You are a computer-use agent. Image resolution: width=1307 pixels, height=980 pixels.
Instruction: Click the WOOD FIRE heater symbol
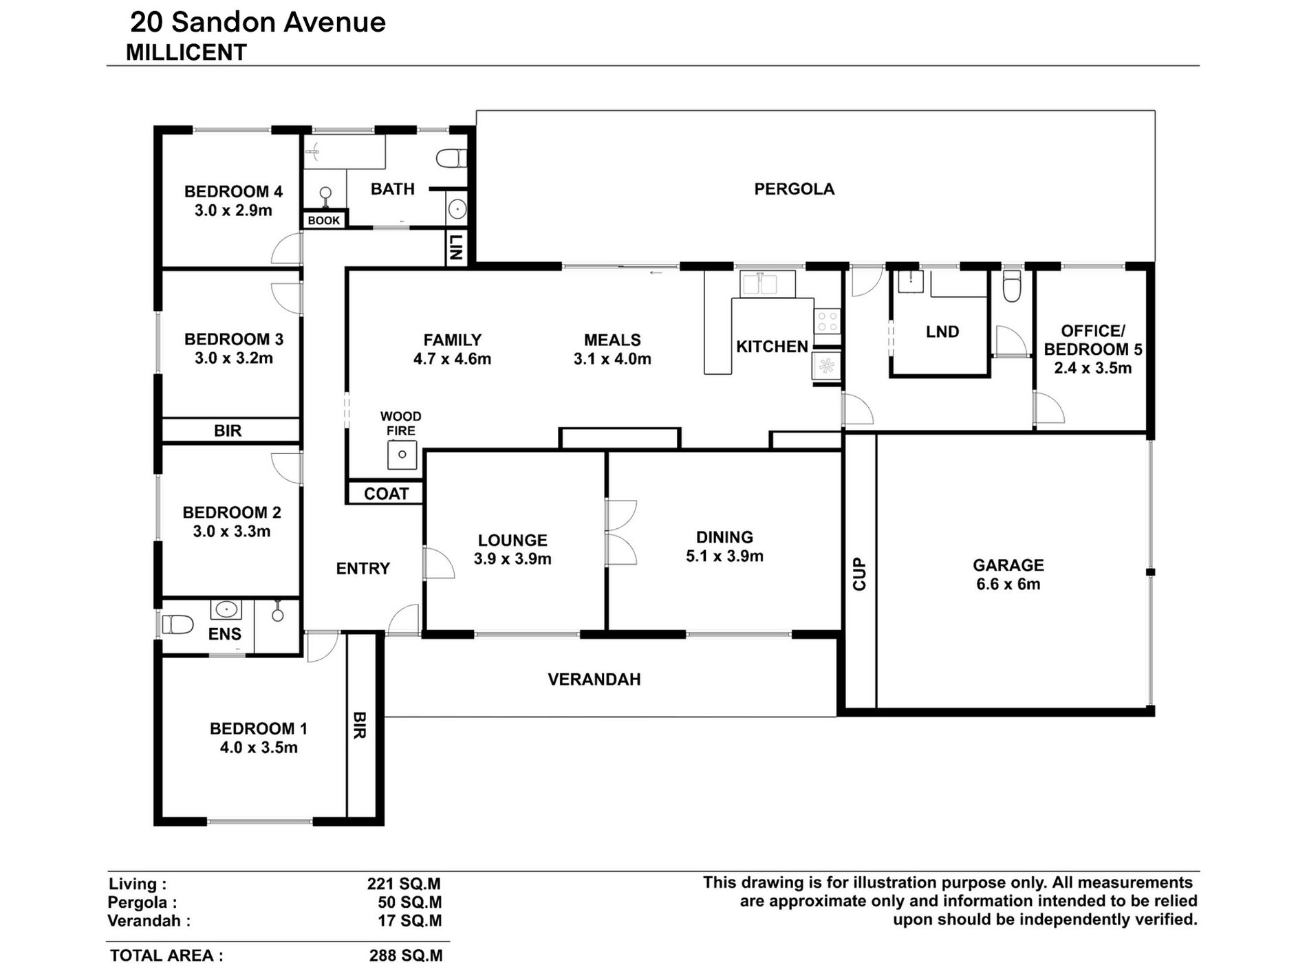[x=402, y=455]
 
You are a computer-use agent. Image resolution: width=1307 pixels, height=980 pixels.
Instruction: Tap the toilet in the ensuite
[x=178, y=624]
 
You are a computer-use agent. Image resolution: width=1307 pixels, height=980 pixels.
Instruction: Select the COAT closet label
[x=386, y=494]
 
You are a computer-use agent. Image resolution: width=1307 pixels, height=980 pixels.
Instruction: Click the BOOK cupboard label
[x=324, y=221]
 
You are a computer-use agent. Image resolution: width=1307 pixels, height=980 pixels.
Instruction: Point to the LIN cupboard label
[x=455, y=247]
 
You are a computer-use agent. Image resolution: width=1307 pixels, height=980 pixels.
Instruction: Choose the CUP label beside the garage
[x=860, y=574]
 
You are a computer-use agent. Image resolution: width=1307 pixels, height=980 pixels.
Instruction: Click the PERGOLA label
[x=795, y=189]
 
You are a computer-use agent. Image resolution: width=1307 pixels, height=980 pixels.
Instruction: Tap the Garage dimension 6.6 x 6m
[x=1008, y=585]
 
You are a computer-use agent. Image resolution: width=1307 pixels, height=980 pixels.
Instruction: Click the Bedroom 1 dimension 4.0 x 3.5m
[x=259, y=748]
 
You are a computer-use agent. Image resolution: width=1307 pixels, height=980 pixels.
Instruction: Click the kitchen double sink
[x=768, y=283]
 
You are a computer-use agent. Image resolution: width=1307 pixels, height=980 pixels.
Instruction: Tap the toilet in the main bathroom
[x=451, y=159]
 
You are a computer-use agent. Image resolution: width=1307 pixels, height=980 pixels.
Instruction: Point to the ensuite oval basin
[x=226, y=609]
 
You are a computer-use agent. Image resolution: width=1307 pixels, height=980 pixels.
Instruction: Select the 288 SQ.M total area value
[x=406, y=956]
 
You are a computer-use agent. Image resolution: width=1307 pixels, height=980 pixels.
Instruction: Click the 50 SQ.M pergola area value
[x=410, y=902]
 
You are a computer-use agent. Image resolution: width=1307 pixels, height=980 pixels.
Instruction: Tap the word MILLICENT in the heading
[x=186, y=53]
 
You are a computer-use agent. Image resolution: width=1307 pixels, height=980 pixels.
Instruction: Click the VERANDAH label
[x=594, y=679]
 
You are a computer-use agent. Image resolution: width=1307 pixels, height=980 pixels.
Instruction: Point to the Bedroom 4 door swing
[x=287, y=248]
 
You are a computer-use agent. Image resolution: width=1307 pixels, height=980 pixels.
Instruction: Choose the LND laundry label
[x=942, y=332]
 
